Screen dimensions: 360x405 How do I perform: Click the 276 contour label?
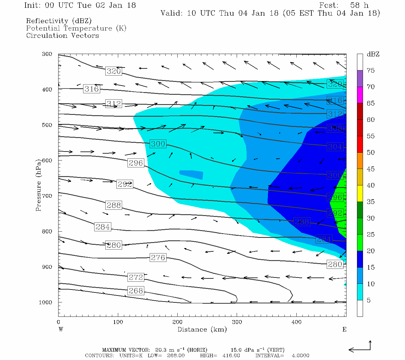[158, 257]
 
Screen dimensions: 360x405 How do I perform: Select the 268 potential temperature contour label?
[136, 291]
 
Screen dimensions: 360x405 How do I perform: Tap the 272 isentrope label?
[136, 277]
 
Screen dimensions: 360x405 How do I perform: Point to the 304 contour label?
[335, 147]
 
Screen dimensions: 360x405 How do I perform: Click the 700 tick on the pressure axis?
[47, 196]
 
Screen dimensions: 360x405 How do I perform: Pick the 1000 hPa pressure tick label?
[45, 302]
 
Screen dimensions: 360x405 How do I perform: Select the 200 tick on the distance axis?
[178, 322]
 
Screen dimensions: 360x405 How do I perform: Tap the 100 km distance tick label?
[118, 322]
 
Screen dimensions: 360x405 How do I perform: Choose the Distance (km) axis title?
[202, 329]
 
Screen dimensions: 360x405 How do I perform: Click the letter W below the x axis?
[61, 329]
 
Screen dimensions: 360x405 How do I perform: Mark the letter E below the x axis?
[344, 329]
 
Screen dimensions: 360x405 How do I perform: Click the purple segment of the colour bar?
[360, 79]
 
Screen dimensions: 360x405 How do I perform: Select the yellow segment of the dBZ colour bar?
[360, 193]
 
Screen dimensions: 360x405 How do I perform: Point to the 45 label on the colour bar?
[370, 169]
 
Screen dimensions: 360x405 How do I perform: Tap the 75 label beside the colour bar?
[370, 70]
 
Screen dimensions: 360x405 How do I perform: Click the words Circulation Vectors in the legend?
[62, 35]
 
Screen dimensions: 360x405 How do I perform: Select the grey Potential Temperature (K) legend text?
[76, 28]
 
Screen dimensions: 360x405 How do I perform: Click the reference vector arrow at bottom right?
[360, 348]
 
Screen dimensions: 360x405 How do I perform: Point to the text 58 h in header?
[359, 5]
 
